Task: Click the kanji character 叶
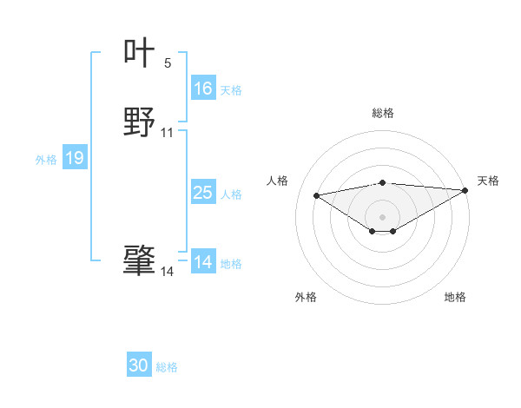click(x=139, y=53)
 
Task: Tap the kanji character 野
click(x=139, y=122)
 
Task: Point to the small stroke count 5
click(x=168, y=63)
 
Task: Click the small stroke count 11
click(x=168, y=133)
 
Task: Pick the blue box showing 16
click(x=203, y=89)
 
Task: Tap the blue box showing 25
click(x=203, y=193)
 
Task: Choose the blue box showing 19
click(x=75, y=158)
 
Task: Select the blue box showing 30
click(x=139, y=366)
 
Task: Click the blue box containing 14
click(x=203, y=262)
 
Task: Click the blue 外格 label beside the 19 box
click(x=46, y=160)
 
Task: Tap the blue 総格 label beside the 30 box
click(x=167, y=368)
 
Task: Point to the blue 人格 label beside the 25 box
click(x=231, y=194)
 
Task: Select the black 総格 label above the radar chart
click(x=382, y=113)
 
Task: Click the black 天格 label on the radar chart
click(x=488, y=181)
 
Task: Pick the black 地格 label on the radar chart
click(x=455, y=297)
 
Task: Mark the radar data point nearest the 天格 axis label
click(x=465, y=190)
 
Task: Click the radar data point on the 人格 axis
click(x=316, y=194)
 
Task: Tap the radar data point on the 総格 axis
click(x=382, y=182)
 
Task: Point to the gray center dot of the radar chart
click(x=382, y=216)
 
